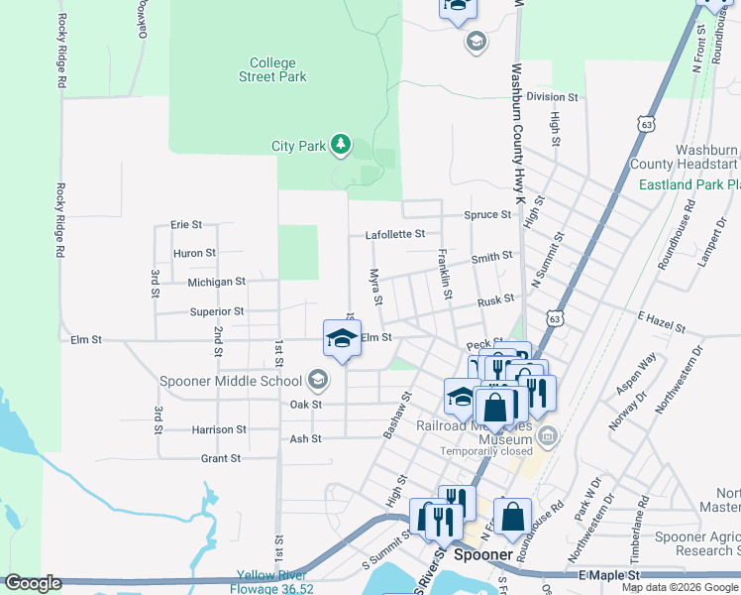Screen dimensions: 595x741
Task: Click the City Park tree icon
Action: click(x=341, y=146)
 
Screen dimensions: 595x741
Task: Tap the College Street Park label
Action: click(x=273, y=69)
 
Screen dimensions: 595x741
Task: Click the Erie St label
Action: click(x=186, y=225)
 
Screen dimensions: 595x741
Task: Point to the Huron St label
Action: click(x=194, y=253)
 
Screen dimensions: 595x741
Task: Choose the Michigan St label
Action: click(x=216, y=282)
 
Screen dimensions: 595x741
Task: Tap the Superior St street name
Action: click(x=217, y=311)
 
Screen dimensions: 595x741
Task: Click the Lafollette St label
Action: click(x=394, y=235)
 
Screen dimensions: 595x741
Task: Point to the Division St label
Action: click(x=552, y=97)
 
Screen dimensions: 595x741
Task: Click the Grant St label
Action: click(x=221, y=459)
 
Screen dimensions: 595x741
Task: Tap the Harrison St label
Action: click(x=219, y=429)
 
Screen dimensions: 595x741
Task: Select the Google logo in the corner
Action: click(x=34, y=583)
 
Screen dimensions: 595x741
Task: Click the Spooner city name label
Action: click(x=482, y=555)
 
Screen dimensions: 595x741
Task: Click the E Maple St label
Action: click(x=609, y=575)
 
